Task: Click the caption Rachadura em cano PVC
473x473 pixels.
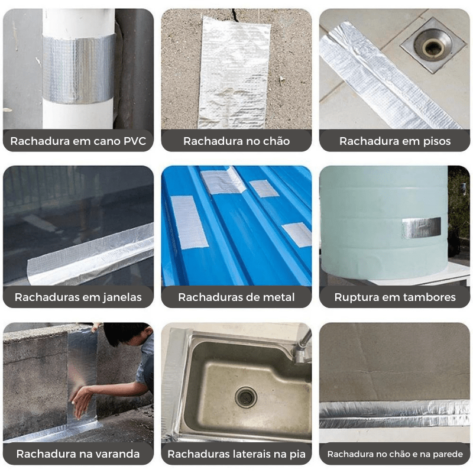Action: click(x=78, y=141)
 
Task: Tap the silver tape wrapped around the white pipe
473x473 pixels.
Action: click(x=79, y=69)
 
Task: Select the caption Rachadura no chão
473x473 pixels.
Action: click(x=237, y=141)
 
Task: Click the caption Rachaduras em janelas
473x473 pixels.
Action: click(x=78, y=297)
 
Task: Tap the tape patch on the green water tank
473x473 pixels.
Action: click(x=421, y=228)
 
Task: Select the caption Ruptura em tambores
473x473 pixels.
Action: click(x=395, y=297)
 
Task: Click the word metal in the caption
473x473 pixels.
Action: click(x=278, y=297)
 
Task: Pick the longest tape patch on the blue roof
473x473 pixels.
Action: click(x=189, y=222)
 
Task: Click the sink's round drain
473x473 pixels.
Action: click(x=246, y=397)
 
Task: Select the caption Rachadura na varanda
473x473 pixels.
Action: click(x=78, y=454)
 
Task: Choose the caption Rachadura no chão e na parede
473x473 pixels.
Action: click(x=395, y=454)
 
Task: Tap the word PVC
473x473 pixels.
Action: click(x=135, y=141)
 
